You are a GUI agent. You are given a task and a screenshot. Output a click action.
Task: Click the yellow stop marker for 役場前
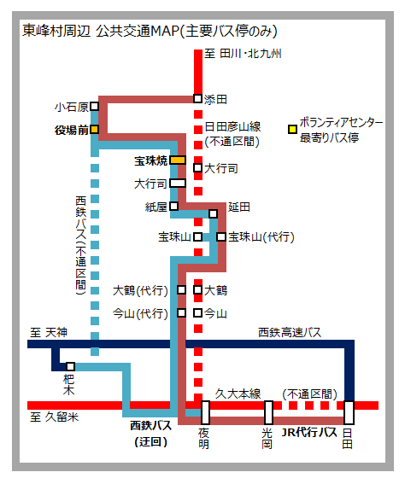(x=95, y=129)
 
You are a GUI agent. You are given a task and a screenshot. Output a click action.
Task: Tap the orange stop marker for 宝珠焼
(x=178, y=160)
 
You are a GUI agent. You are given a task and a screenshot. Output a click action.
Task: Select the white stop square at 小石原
(x=95, y=106)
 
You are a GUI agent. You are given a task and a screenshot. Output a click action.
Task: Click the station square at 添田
(x=197, y=98)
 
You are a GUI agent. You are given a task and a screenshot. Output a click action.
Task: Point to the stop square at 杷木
(x=70, y=366)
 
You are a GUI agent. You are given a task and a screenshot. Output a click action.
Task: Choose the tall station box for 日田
(x=349, y=412)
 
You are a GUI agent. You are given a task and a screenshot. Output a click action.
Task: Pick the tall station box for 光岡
(x=268, y=412)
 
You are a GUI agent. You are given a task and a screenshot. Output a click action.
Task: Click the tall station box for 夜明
(x=205, y=412)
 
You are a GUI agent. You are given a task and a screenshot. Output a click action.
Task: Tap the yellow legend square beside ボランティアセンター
(x=292, y=129)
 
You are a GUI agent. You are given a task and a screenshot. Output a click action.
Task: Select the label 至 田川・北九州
(x=243, y=54)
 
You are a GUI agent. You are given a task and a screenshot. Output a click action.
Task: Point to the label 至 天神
(x=49, y=332)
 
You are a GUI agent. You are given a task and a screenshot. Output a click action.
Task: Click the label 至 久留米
(x=55, y=417)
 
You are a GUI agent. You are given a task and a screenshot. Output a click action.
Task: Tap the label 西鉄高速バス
(x=290, y=332)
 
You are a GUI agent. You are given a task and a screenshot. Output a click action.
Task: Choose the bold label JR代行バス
(x=309, y=432)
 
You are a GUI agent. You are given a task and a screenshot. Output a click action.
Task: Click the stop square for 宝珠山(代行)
(x=221, y=236)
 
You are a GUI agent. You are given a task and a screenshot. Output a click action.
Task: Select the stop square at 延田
(x=213, y=213)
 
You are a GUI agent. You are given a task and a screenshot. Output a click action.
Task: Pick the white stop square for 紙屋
(x=174, y=206)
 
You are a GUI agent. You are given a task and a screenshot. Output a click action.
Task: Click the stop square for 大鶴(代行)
(x=182, y=290)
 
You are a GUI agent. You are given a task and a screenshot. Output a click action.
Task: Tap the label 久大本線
(x=238, y=394)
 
